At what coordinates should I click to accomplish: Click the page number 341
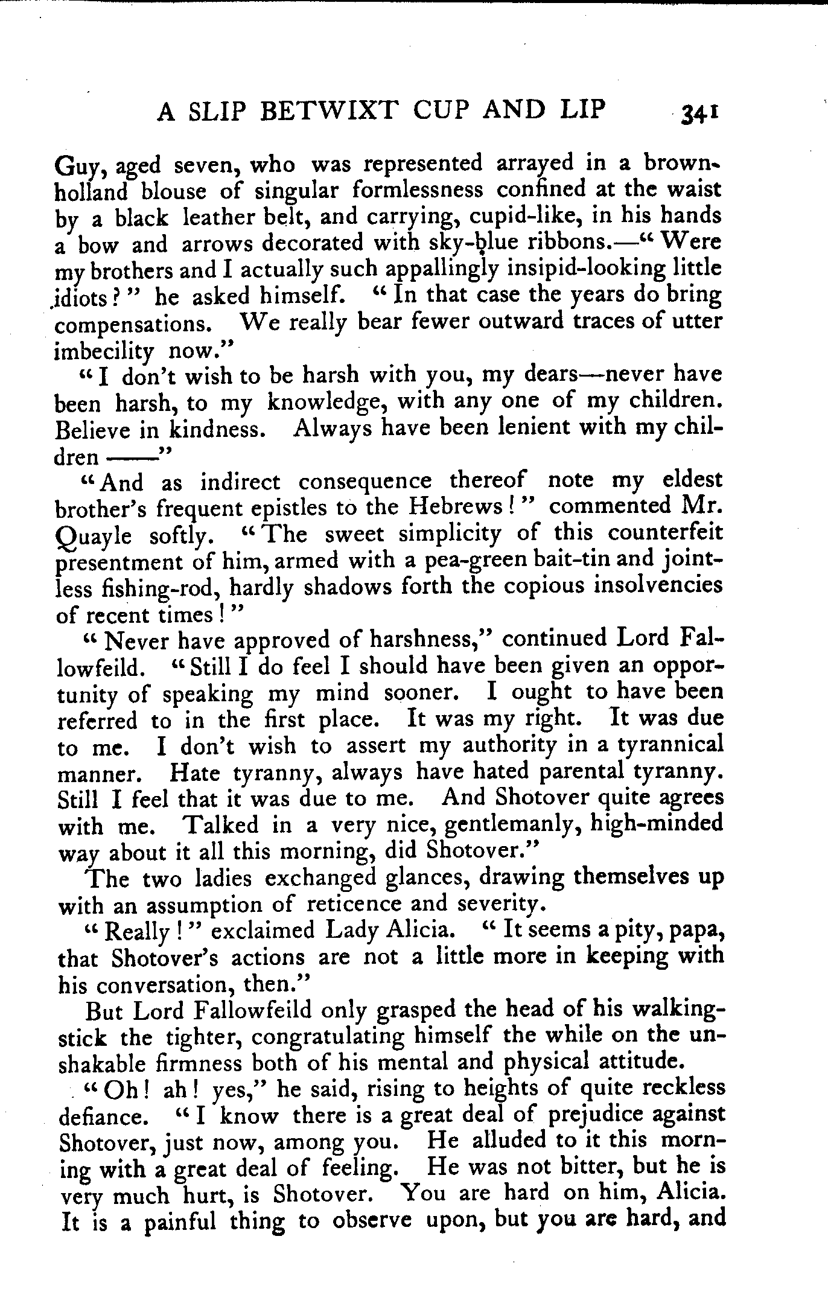(699, 113)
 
